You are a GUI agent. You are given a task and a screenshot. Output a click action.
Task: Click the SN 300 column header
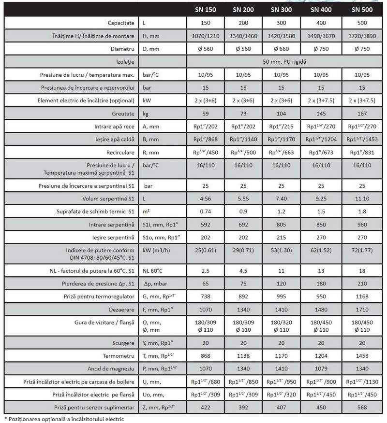point(281,9)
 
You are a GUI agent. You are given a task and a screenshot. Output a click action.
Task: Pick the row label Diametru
point(122,49)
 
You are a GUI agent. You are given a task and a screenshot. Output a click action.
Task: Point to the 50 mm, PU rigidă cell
point(282,62)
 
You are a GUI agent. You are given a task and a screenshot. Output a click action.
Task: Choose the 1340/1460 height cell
point(243,36)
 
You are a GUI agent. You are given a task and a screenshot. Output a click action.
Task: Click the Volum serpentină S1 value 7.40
point(281,198)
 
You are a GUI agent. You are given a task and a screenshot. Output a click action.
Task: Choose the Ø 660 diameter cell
point(281,49)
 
